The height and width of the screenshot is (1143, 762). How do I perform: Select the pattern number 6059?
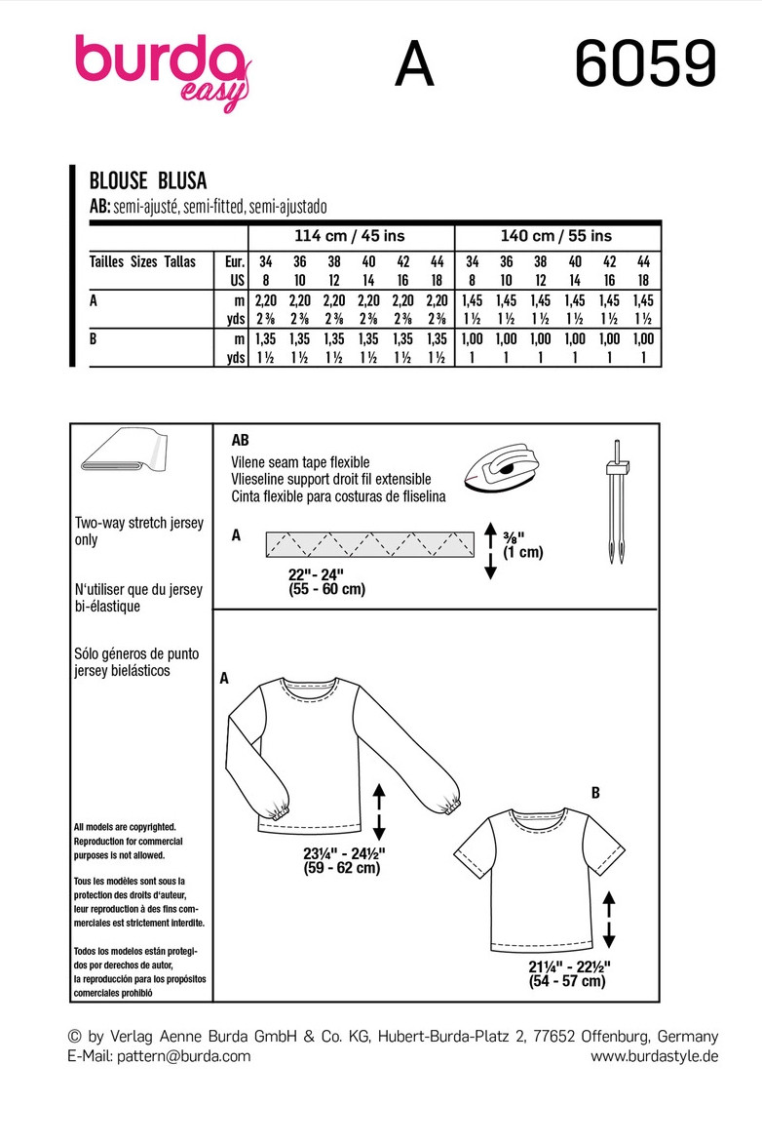click(645, 65)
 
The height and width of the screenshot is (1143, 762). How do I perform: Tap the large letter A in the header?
click(414, 66)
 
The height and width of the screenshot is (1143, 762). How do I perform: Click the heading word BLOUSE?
click(118, 179)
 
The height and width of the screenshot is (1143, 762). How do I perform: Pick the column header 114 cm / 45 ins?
click(350, 236)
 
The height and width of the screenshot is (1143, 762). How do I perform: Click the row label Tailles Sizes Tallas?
click(142, 262)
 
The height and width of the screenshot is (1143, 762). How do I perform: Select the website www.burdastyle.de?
click(654, 1056)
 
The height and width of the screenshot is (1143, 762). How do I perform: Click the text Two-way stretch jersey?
click(138, 524)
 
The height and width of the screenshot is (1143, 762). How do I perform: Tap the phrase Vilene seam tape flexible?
click(300, 462)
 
